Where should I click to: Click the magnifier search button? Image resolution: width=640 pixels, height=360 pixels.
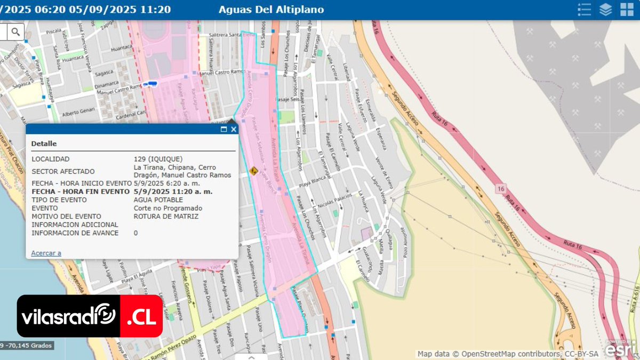pos(15,32)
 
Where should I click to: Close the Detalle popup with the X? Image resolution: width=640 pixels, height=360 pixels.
pos(234,129)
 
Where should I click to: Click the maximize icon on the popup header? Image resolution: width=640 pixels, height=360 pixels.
pos(224,129)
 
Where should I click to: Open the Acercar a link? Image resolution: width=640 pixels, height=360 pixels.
pos(46,253)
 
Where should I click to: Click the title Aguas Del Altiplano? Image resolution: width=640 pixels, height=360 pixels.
pos(271,10)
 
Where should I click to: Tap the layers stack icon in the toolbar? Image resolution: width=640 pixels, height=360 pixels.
pos(605,10)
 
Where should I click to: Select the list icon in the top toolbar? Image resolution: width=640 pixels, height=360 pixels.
pos(585,10)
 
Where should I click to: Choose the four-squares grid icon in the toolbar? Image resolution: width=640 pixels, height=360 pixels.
pos(626,10)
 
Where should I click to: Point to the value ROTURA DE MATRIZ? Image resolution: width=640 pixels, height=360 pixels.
pos(166,217)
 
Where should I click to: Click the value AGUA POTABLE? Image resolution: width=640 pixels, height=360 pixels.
pos(158,199)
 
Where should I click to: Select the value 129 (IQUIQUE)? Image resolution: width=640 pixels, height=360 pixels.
pos(158,159)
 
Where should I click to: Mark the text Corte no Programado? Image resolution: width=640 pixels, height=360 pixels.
pos(168,208)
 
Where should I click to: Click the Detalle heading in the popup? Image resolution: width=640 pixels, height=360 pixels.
pos(44,143)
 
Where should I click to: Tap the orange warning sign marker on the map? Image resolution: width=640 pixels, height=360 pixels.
pos(253,171)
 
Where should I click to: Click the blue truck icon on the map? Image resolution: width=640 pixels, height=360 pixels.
pos(150,84)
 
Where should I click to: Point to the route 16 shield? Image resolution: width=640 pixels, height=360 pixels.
pos(500,188)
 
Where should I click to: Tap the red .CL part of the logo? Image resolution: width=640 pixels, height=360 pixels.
pos(141,316)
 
